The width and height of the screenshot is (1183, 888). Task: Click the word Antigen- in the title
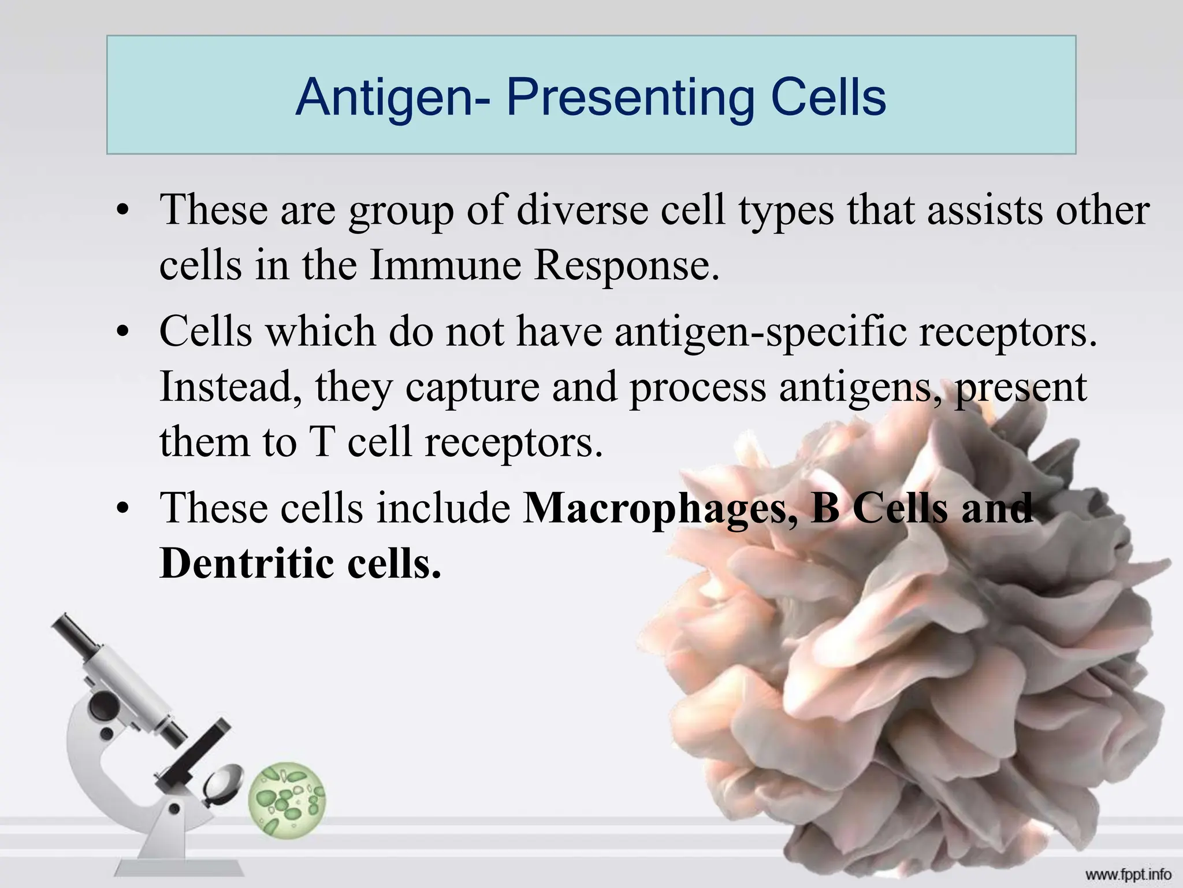[393, 98]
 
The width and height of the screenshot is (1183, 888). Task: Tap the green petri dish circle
[287, 800]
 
